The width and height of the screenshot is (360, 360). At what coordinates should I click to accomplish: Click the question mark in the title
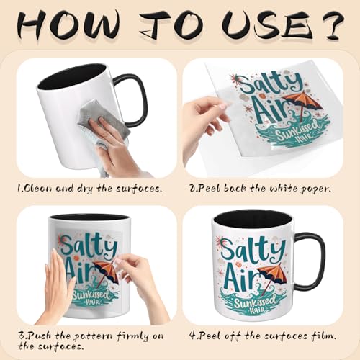[x=333, y=25]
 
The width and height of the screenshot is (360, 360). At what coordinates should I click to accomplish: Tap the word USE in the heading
[x=266, y=26]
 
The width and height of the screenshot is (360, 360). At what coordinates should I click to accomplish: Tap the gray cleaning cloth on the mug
[x=104, y=117]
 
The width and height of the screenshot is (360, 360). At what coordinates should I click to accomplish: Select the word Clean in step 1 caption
[x=37, y=189]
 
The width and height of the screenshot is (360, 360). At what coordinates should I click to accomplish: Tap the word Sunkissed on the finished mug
[x=255, y=302]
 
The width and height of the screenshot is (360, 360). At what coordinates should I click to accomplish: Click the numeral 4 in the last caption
[x=193, y=336]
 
